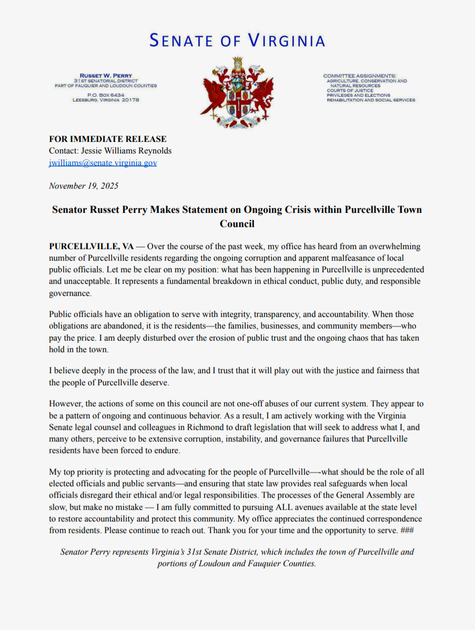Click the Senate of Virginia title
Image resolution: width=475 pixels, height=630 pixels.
237,40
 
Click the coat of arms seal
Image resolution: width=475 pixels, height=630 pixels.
237,94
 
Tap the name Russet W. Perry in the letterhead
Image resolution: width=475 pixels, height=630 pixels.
106,76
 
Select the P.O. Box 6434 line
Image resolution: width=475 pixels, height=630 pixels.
106,95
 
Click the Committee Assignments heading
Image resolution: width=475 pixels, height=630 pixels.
360,76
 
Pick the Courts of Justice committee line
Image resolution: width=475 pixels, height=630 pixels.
349,90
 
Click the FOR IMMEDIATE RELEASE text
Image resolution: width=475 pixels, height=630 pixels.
108,139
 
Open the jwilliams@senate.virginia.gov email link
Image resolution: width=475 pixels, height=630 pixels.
103,163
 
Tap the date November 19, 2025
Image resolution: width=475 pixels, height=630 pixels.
84,186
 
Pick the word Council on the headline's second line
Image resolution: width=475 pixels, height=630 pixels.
237,224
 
